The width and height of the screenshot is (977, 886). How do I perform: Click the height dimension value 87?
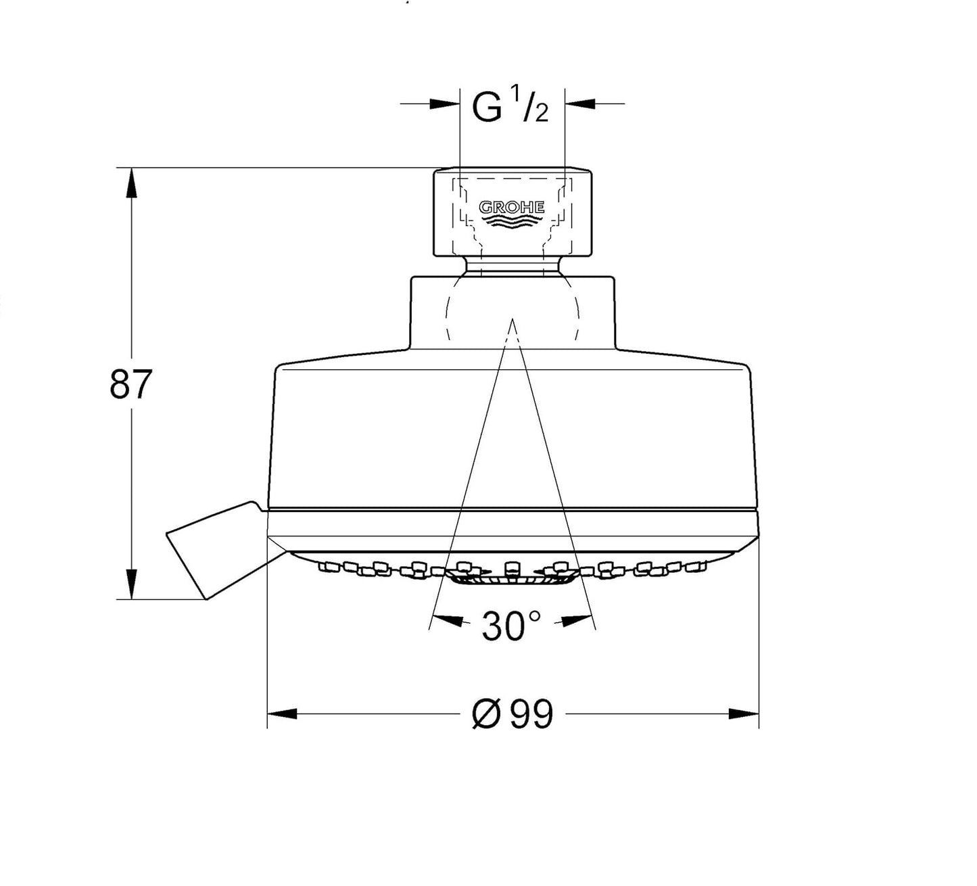tap(131, 385)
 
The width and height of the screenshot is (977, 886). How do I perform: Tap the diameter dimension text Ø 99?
tap(513, 714)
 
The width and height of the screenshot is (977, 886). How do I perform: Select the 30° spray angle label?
tap(511, 626)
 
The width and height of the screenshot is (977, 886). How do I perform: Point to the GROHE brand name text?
tap(511, 207)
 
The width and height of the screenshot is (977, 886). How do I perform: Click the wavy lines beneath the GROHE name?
tap(511, 223)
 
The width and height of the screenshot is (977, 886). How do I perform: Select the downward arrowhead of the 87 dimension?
tap(130, 584)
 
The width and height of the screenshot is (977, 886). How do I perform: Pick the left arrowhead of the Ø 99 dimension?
tap(282, 714)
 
